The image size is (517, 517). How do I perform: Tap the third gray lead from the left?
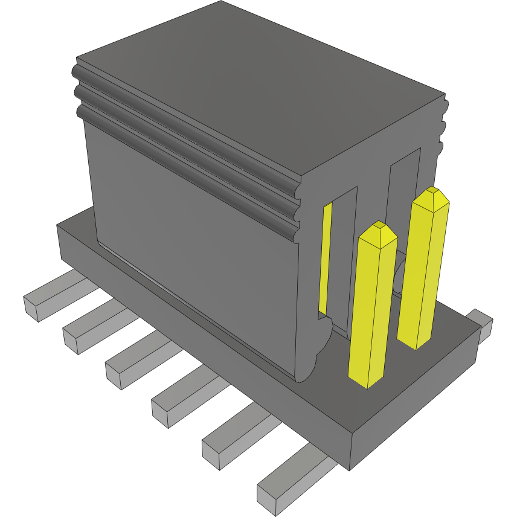(x=133, y=362)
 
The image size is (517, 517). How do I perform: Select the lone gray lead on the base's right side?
(x=481, y=325)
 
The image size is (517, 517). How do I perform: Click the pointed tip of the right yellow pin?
(x=432, y=195)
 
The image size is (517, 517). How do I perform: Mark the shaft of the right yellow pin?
(x=423, y=272)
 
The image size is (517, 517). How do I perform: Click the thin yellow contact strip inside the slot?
(x=326, y=260)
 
